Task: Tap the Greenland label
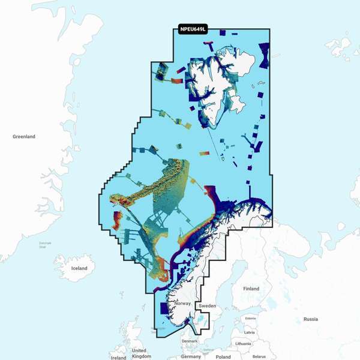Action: coord(24,137)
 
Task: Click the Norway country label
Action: coord(182,304)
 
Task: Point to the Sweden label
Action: coord(207,306)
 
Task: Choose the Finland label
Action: coord(251,289)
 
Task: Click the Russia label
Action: coord(311,319)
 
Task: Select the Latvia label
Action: coord(250,332)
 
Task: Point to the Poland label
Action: coord(223,356)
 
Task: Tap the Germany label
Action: coord(191,356)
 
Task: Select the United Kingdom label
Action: coord(139,353)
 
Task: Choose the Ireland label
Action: coord(118,358)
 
